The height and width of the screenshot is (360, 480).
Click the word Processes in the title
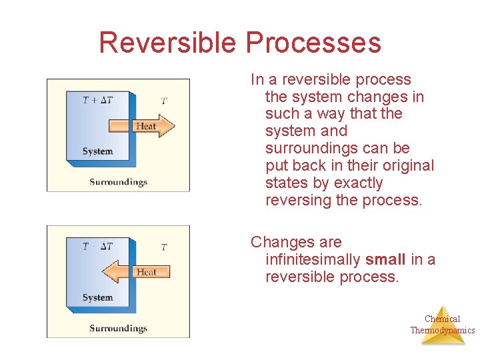pyautogui.click(x=313, y=43)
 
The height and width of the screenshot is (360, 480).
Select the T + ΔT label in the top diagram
pyautogui.click(x=97, y=100)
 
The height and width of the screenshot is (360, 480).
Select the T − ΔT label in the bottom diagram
pyautogui.click(x=97, y=247)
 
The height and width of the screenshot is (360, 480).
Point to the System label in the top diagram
pyautogui.click(x=97, y=151)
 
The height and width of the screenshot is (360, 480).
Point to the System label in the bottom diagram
pyautogui.click(x=97, y=297)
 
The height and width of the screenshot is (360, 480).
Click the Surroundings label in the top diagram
pyautogui.click(x=118, y=182)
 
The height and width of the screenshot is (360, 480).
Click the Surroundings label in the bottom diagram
pyautogui.click(x=118, y=328)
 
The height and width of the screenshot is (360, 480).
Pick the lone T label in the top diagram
pyautogui.click(x=164, y=101)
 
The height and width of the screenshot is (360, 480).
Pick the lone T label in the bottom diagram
pyautogui.click(x=164, y=247)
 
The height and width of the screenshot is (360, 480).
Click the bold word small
pyautogui.click(x=385, y=259)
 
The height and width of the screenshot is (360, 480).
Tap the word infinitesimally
pyautogui.click(x=313, y=259)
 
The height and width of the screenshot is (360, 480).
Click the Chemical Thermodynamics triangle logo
pyautogui.click(x=443, y=325)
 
